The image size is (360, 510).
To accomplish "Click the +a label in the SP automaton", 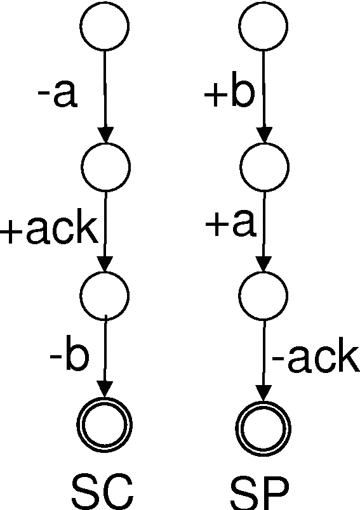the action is click(x=230, y=225).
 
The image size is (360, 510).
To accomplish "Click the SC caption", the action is click(x=102, y=491).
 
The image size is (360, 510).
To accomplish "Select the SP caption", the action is click(x=260, y=492).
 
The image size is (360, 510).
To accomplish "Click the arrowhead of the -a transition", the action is click(x=106, y=135).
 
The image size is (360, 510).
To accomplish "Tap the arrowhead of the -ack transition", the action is click(x=263, y=393).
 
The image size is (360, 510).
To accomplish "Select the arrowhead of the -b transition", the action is click(x=105, y=389).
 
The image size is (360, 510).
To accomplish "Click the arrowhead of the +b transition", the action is click(x=264, y=135).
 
